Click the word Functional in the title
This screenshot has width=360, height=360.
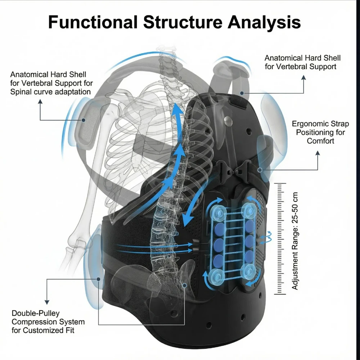[x=93, y=22]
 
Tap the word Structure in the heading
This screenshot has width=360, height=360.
[x=183, y=22]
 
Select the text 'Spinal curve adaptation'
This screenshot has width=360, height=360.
[x=50, y=92]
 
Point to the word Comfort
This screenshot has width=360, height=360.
[x=320, y=141]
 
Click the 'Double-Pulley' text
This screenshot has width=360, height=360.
[x=36, y=314]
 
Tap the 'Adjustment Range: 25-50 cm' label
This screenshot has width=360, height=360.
[x=295, y=241]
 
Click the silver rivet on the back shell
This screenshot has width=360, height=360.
[x=228, y=121]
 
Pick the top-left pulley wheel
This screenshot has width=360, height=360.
[x=217, y=212]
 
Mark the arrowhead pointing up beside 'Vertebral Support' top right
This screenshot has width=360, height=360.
[x=303, y=78]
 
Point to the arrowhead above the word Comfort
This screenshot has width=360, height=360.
[x=318, y=153]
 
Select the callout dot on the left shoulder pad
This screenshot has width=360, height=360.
[x=84, y=120]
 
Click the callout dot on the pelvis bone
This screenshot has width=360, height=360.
[x=184, y=285]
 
